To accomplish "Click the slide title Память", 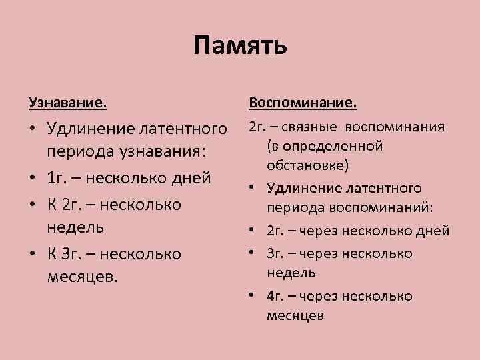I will pos(240,46).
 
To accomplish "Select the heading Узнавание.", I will pos(67,103).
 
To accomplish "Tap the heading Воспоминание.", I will pos(303,103).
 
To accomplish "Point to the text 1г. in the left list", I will pos(57,178).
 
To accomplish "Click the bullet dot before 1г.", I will pos(33,178).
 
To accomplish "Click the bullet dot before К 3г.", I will pos(33,254).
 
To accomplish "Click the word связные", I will pos(315,127).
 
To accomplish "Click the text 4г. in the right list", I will pos(275,295).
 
